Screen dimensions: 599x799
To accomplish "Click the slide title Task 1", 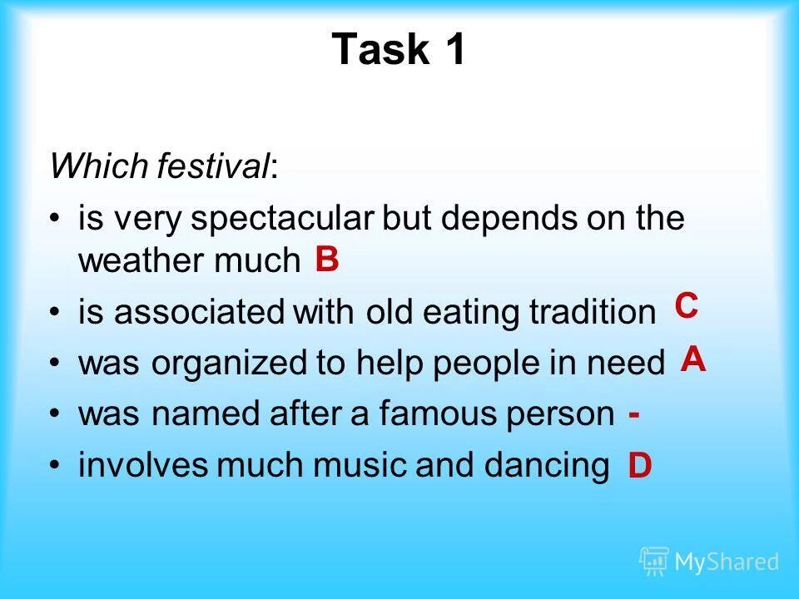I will [399, 50].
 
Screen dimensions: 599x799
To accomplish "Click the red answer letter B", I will [327, 260].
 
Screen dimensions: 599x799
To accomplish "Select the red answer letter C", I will [686, 305].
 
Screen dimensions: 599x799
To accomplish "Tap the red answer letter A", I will [694, 359].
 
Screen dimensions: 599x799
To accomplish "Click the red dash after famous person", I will [634, 413].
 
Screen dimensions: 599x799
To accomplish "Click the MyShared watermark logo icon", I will [654, 562].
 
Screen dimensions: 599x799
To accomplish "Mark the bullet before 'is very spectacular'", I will [55, 220].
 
